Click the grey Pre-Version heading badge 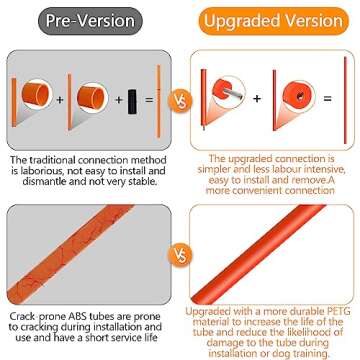tap(90, 21)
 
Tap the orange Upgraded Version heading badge tap(273, 21)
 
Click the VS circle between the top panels tap(180, 100)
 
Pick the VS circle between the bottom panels tap(180, 255)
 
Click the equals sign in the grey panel tap(149, 99)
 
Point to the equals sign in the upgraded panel tap(328, 99)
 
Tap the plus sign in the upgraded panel tap(257, 99)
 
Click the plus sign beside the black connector tap(119, 99)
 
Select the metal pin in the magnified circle tap(232, 94)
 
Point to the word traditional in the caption tap(59, 160)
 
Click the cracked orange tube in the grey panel tap(71, 254)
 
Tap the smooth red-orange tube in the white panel tap(258, 254)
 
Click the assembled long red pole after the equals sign tap(345, 100)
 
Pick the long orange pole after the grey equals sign tap(159, 101)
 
